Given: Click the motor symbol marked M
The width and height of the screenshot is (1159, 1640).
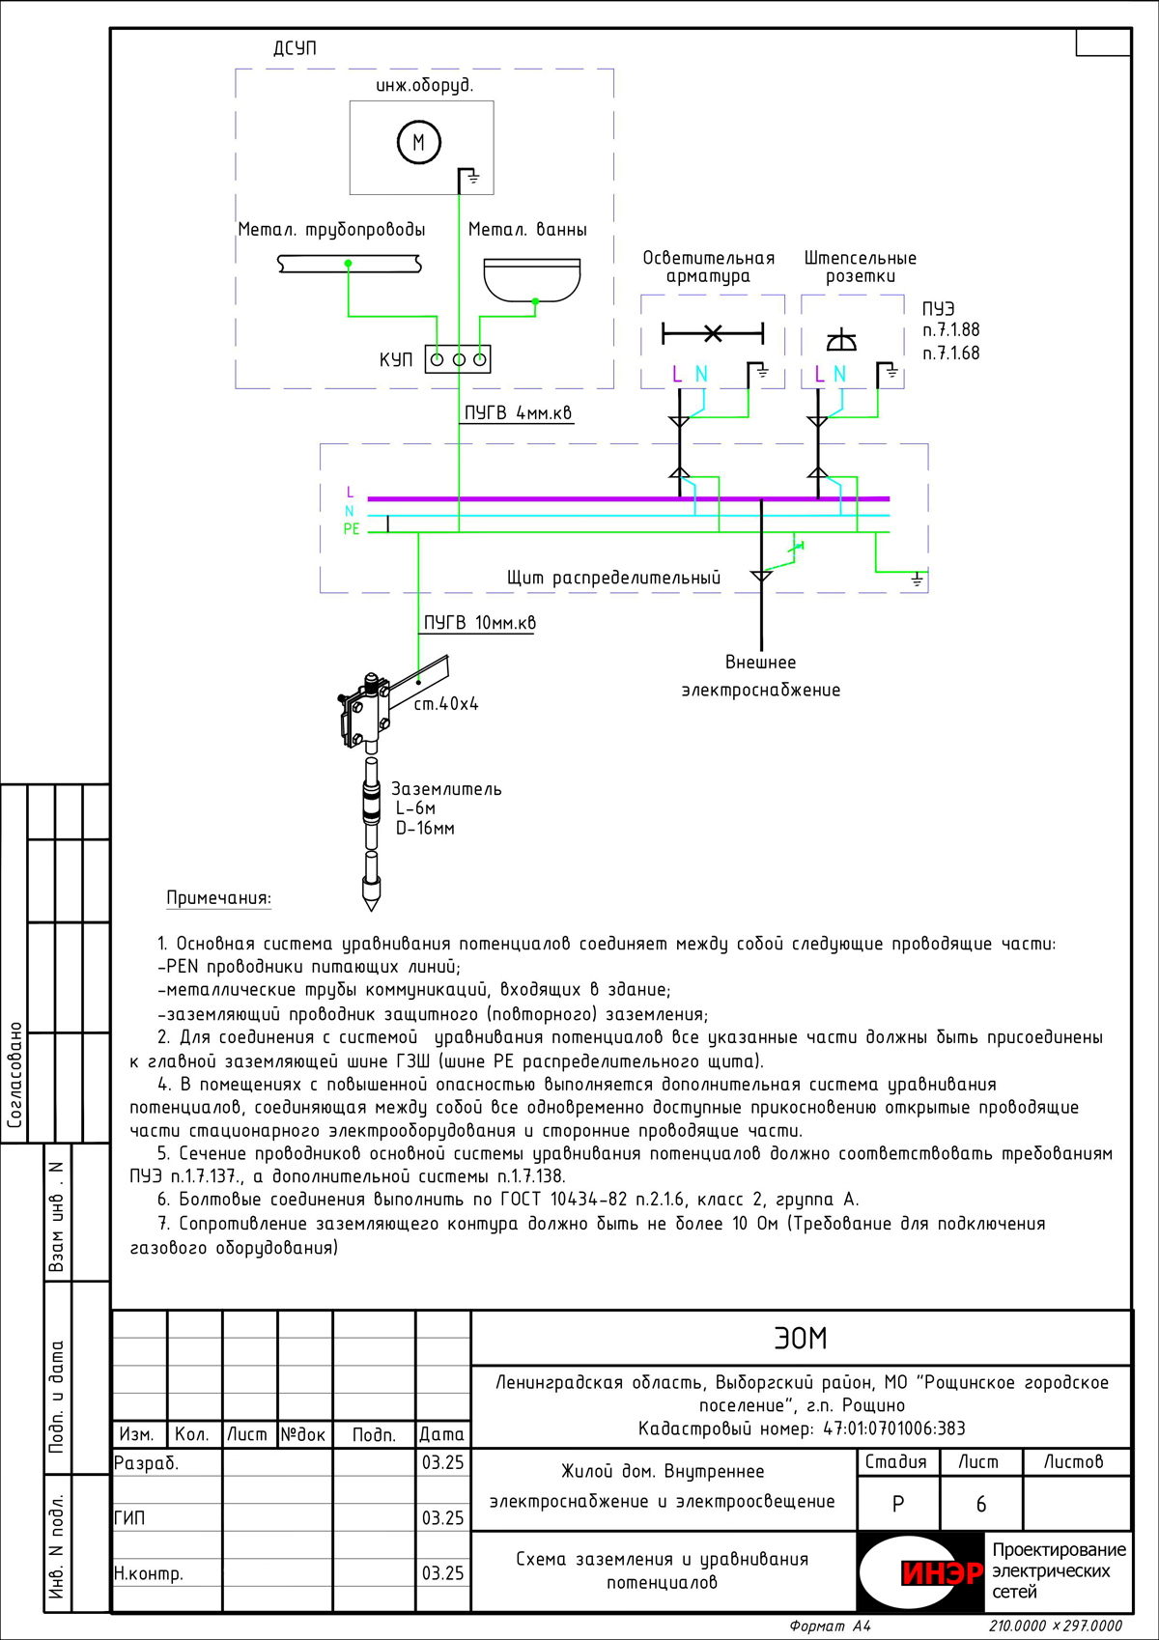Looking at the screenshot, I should pos(418,143).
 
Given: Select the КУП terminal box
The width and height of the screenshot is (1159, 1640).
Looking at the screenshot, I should pos(458,359).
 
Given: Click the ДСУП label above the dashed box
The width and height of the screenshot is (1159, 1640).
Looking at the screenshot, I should pos(295,48).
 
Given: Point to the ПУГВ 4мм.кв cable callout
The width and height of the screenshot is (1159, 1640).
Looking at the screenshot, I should pos(518,413).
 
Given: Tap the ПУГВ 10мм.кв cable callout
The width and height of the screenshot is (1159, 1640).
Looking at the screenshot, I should pos(479,623).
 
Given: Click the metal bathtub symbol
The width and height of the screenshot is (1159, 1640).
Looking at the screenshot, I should pos(531,279).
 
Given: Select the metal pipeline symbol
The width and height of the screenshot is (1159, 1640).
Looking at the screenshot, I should pos(349,264).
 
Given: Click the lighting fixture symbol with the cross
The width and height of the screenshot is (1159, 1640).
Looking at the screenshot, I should pos(713,334).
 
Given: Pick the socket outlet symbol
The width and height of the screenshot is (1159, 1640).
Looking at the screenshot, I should pos(841,340).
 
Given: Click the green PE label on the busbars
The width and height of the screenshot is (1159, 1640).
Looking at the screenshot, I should pos(351,529).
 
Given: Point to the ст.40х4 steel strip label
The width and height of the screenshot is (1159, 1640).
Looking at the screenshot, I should pos(446,704).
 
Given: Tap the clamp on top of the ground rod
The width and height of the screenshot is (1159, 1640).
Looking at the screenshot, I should pos(364,711).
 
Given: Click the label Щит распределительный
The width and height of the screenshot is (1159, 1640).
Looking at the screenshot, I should pos(613,578).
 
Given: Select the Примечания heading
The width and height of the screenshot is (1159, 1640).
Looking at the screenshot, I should pos(218,898).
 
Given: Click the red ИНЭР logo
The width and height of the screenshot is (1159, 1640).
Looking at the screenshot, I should pos(941,1573).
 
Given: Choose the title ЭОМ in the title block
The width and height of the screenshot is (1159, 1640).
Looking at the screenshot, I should pos(801,1339).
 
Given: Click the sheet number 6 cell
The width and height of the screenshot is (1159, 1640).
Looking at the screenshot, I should pos(981,1505).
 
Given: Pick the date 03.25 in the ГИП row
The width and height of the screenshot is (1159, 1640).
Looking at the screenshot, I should pos(442,1518).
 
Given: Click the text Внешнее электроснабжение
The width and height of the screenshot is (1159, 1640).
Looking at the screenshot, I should pos(761,676).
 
